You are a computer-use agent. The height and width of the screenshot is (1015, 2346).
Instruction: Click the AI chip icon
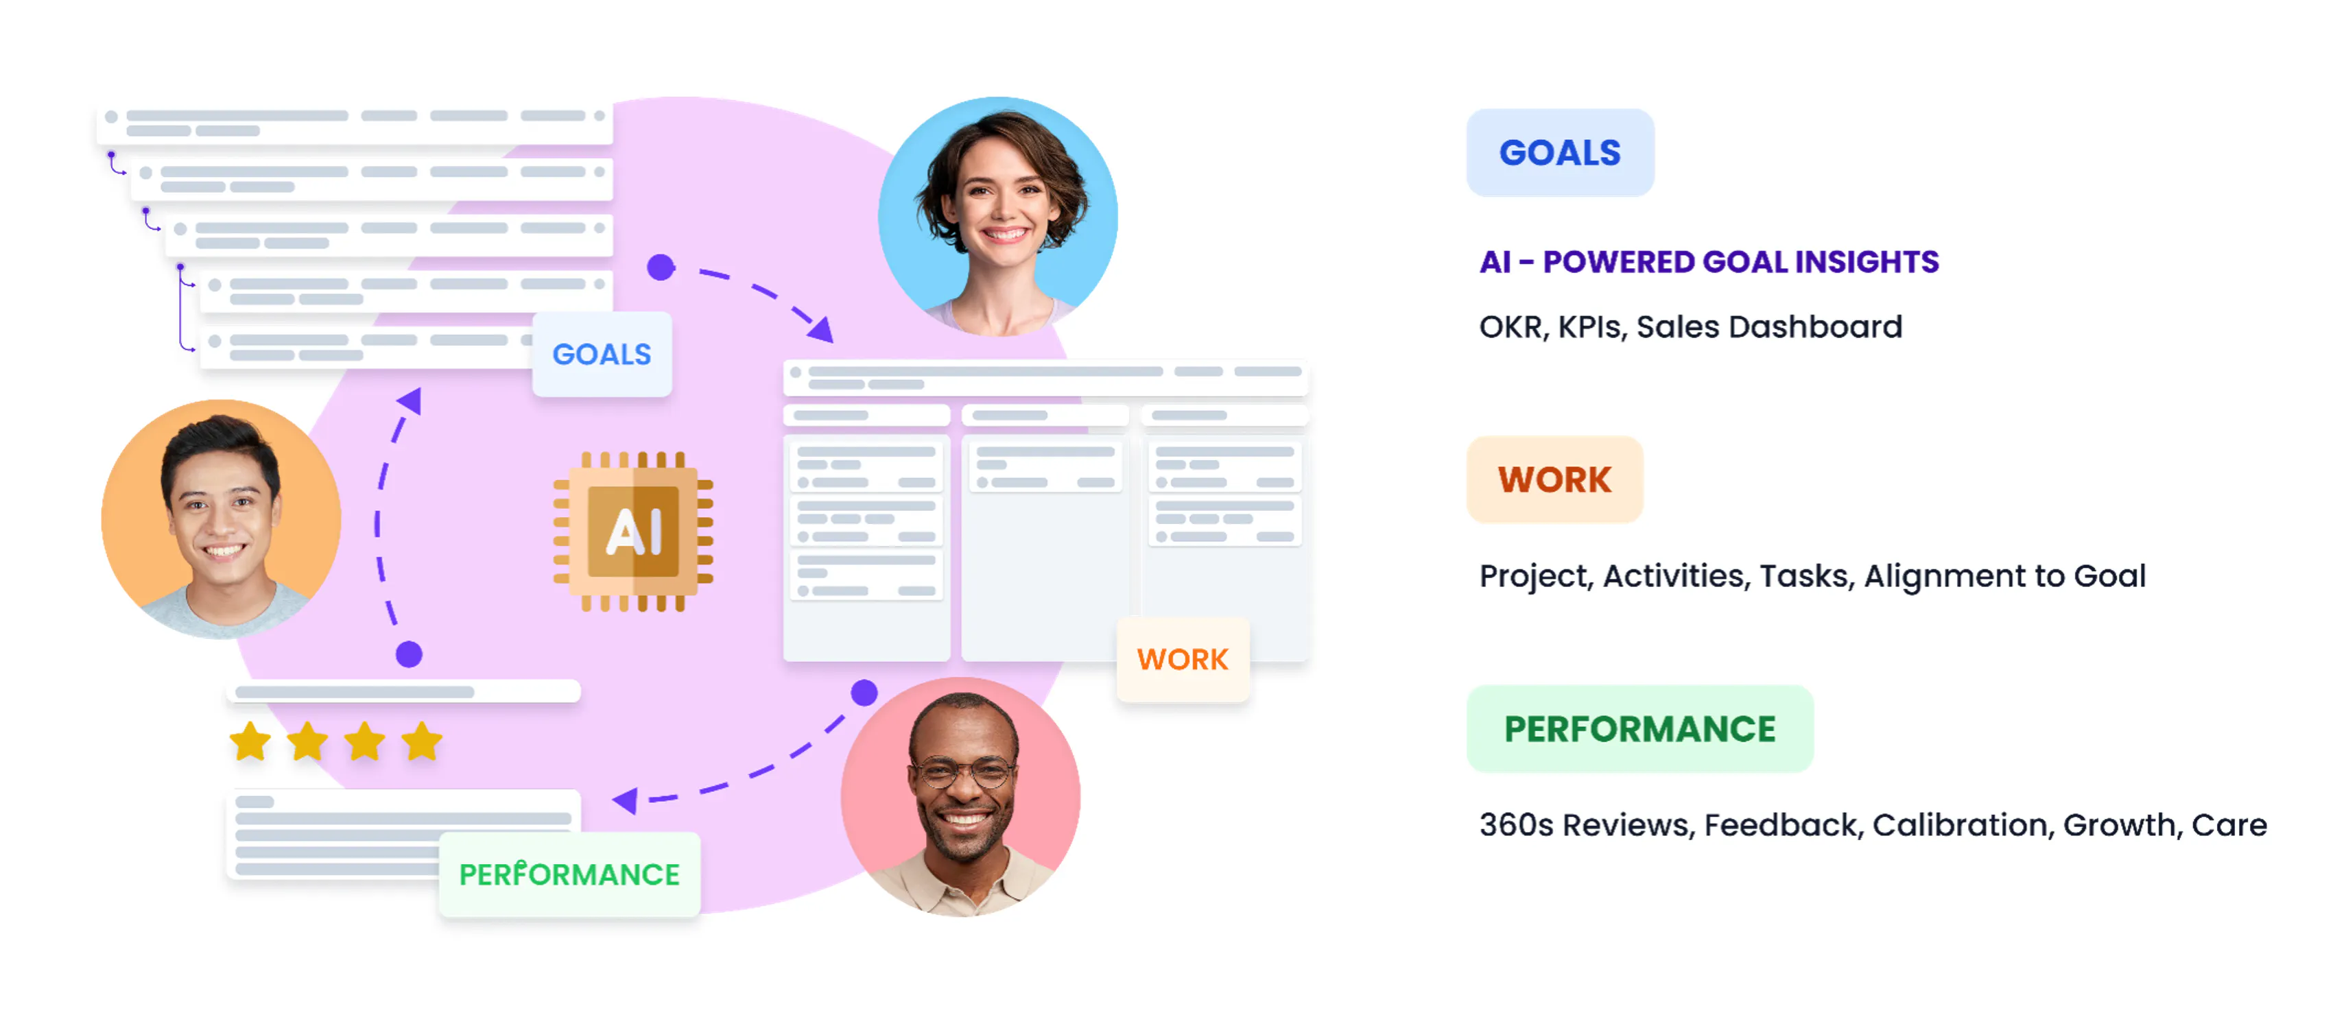click(633, 531)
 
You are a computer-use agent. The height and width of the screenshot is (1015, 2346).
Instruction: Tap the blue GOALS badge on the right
click(1560, 152)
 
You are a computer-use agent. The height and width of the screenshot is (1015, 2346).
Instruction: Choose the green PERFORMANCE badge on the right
click(1639, 728)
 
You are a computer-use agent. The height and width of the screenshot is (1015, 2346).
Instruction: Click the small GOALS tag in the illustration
click(602, 354)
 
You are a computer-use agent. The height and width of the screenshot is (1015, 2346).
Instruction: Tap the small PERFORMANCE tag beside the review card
click(569, 874)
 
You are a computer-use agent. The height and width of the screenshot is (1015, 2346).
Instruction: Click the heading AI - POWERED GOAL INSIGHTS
click(1709, 262)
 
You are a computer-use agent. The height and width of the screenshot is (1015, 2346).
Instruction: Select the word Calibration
click(1963, 825)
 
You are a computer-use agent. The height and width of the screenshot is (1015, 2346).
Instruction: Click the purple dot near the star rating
click(409, 654)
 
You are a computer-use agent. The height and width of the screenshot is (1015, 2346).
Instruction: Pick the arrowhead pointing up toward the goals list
click(411, 401)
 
